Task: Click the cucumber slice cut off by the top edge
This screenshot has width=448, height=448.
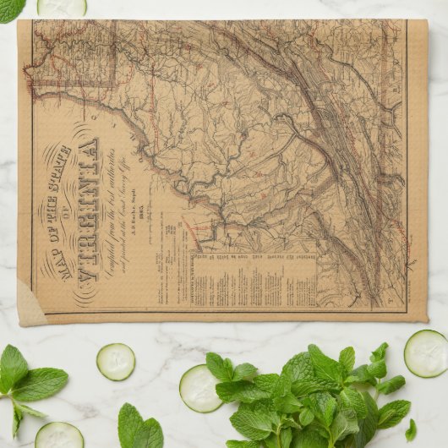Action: tap(62, 7)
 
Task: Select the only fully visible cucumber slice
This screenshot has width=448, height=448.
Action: tap(115, 361)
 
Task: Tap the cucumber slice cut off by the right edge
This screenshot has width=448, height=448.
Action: tap(426, 352)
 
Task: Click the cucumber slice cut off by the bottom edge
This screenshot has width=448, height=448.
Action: tap(59, 435)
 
